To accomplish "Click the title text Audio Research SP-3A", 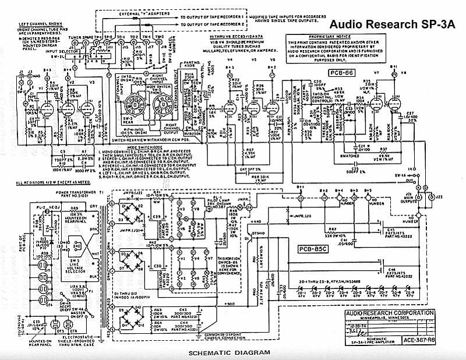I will click(x=394, y=24).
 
